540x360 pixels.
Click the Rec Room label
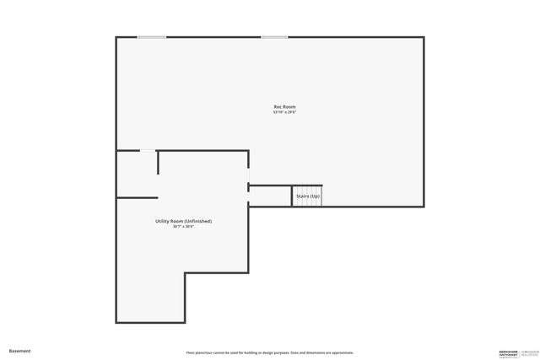coord(284,106)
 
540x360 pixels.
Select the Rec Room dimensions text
coord(284,112)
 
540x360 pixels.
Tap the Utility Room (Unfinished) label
coord(183,221)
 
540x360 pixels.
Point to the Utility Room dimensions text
coord(183,227)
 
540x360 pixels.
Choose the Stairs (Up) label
coord(308,196)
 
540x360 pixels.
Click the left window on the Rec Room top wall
coord(152,37)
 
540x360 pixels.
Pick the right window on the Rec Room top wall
coord(273,37)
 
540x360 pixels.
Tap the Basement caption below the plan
coord(19,351)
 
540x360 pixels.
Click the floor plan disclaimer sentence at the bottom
coord(269,352)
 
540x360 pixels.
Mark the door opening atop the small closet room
coord(148,151)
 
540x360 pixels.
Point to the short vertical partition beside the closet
coord(158,162)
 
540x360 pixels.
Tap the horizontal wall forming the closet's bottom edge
coord(137,197)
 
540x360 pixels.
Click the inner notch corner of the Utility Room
coord(186,273)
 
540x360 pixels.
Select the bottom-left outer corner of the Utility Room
coord(117,322)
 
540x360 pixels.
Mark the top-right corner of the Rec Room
coord(423,38)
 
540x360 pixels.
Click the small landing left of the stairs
coord(270,196)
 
